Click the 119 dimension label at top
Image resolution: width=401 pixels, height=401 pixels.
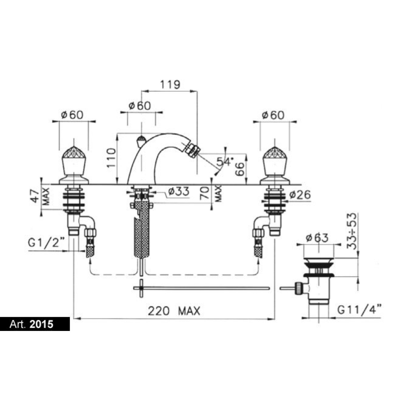point(170,84)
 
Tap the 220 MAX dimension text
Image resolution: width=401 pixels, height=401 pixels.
point(174,311)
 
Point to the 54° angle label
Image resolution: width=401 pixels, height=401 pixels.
point(224,162)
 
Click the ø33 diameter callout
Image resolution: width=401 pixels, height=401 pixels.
point(179,191)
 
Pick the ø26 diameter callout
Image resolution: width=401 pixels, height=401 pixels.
point(300,195)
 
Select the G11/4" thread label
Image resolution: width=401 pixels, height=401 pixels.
point(359,310)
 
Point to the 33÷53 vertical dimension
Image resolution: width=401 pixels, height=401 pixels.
point(353,231)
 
